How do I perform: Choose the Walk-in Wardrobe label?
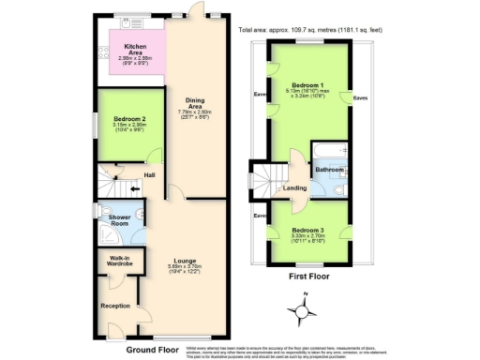[118, 260]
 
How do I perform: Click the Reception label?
[115, 306]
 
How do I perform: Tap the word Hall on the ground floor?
[150, 174]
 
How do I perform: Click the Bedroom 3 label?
[307, 230]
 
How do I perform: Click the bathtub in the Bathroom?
[330, 151]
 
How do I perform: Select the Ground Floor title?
[154, 350]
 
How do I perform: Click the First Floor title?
[307, 277]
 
